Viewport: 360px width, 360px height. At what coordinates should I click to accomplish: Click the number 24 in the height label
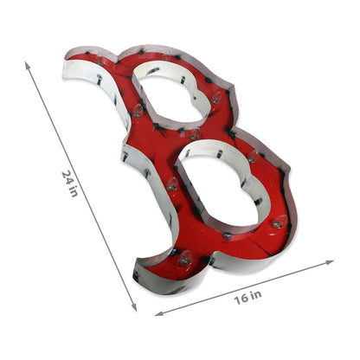67,176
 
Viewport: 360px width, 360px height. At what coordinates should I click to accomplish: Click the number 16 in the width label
240,299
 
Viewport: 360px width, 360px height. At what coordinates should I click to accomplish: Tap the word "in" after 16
256,295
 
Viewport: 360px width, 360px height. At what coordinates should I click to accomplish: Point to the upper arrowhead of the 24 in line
28,65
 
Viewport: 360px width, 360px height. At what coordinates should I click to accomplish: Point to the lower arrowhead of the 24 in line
133,307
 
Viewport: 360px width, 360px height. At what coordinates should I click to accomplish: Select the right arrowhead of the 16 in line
330,262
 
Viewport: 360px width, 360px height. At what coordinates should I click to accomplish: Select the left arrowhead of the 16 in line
159,313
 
